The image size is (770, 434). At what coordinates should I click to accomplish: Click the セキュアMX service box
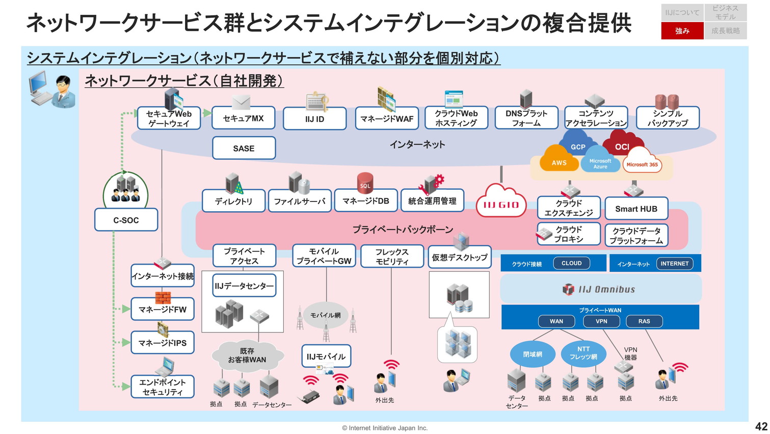(243, 118)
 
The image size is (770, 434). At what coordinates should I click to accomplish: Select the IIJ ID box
(314, 119)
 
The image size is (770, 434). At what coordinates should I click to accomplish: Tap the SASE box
(244, 148)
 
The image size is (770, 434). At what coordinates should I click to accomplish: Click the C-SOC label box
(126, 220)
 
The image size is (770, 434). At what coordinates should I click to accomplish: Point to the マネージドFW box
(163, 309)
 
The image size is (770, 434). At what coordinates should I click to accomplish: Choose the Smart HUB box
(636, 209)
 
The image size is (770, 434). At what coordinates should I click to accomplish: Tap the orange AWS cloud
(559, 161)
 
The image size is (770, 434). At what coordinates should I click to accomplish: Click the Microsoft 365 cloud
(642, 164)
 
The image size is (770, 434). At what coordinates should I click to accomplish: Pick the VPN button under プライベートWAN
(601, 321)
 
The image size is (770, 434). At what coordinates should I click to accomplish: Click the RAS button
(644, 321)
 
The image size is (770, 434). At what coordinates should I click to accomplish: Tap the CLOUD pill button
(571, 263)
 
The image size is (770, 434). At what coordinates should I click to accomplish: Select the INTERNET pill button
(674, 264)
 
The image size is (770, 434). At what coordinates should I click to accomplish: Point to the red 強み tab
(682, 31)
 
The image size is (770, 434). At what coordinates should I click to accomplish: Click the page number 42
(761, 426)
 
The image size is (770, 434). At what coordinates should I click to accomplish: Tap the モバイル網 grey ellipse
(325, 315)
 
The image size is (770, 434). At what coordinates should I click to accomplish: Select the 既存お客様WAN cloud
(247, 355)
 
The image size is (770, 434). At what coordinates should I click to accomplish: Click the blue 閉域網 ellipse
(533, 354)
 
